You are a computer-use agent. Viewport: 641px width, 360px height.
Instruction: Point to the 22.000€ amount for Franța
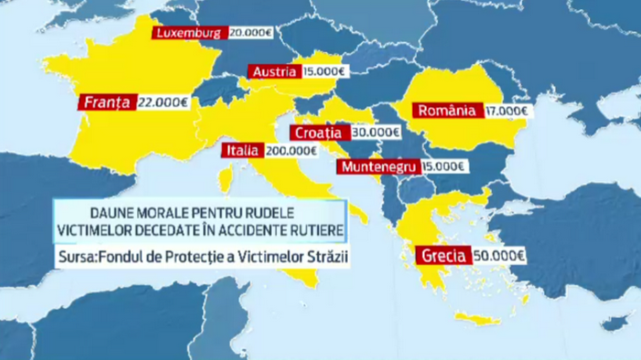click(163, 102)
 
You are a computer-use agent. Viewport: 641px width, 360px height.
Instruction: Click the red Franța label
click(108, 102)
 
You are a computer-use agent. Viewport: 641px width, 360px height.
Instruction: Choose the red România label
click(446, 111)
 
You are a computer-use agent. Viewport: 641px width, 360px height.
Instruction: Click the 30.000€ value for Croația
click(375, 132)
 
